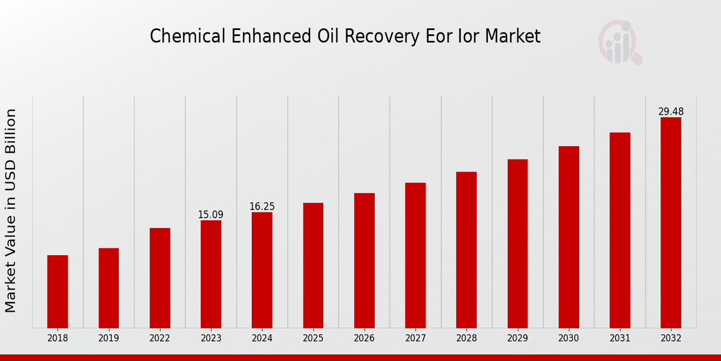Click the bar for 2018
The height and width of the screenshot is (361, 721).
click(58, 292)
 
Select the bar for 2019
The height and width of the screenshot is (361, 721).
click(109, 288)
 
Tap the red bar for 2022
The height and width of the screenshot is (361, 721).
click(160, 278)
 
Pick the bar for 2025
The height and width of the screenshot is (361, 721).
click(313, 265)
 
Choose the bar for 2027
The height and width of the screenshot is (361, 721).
click(415, 256)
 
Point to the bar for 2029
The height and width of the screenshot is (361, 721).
click(517, 244)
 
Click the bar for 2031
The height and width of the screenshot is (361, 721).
click(619, 230)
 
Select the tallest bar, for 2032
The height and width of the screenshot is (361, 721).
click(671, 223)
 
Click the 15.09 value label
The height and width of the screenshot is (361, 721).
click(211, 215)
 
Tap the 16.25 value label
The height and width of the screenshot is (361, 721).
click(262, 206)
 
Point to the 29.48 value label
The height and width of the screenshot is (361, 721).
click(671, 112)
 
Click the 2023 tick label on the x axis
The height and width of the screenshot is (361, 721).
click(211, 339)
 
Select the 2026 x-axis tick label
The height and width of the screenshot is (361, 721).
click(364, 339)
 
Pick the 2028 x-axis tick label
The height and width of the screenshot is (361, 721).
click(466, 339)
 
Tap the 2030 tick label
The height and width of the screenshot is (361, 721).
click(568, 339)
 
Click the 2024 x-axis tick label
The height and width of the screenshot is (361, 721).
click(262, 339)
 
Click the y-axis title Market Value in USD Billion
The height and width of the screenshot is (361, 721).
click(11, 211)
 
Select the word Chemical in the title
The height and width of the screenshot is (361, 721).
click(186, 37)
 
